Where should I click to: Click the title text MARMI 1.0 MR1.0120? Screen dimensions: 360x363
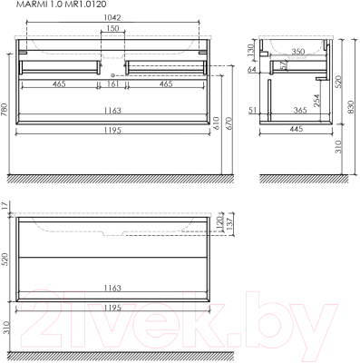61,5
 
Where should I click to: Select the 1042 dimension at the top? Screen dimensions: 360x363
112,17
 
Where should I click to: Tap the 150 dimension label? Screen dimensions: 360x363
112,28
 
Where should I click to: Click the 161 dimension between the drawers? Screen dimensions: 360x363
112,83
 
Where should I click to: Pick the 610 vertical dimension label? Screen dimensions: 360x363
217,123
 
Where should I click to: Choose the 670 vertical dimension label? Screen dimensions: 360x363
229,123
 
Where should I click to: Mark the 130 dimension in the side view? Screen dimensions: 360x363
250,50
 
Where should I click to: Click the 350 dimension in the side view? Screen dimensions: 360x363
298,52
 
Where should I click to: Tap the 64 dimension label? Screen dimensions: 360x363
251,70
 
